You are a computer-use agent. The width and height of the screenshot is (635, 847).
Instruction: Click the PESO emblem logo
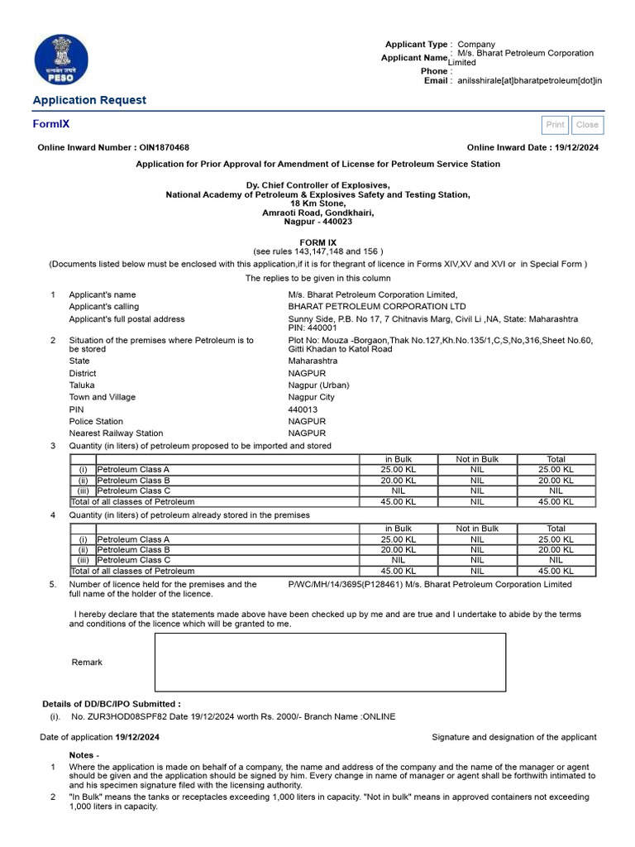pyautogui.click(x=59, y=59)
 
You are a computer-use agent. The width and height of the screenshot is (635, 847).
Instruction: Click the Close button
pyautogui.click(x=587, y=125)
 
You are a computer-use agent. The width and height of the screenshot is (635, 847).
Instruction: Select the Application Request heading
pyautogui.click(x=89, y=100)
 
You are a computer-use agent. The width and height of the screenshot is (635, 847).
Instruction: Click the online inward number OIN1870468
pyautogui.click(x=164, y=147)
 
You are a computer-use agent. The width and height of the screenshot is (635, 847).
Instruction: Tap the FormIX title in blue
pyautogui.click(x=51, y=124)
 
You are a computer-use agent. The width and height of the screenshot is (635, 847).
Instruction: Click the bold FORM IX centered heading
pyautogui.click(x=317, y=242)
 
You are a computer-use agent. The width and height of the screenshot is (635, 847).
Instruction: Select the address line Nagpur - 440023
pyautogui.click(x=317, y=222)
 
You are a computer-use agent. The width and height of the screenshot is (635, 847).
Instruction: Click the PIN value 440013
pyautogui.click(x=303, y=409)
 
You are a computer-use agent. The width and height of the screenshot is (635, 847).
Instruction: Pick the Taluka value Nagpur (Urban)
pyautogui.click(x=318, y=385)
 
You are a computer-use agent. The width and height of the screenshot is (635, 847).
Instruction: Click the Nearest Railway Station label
pyautogui.click(x=116, y=433)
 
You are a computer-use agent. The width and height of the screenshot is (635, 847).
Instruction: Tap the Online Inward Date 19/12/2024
pyautogui.click(x=577, y=147)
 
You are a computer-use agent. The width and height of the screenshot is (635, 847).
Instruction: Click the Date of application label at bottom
pyautogui.click(x=77, y=737)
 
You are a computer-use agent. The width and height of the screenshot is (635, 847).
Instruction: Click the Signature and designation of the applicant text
pyautogui.click(x=513, y=737)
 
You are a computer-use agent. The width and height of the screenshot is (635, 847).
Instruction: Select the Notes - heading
pyautogui.click(x=84, y=755)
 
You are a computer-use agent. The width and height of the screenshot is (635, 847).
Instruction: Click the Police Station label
pyautogui.click(x=96, y=421)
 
